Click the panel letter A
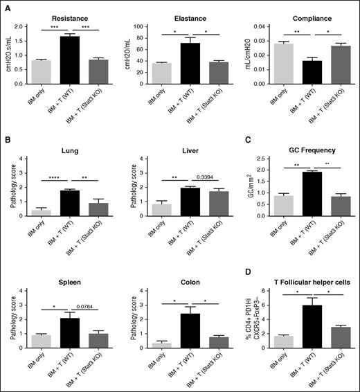[x=8, y=8]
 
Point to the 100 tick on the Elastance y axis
[x=146, y=26]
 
